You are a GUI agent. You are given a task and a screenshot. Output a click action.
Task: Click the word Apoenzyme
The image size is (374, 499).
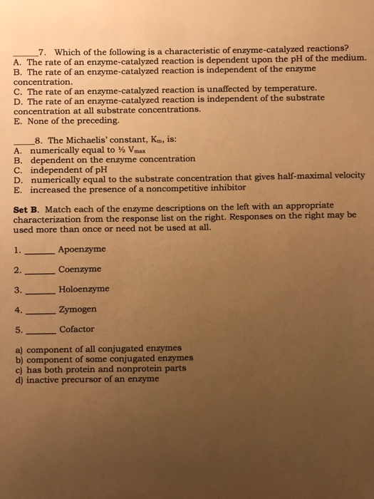click(82, 249)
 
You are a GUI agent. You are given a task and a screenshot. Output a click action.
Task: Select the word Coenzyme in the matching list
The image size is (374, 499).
click(80, 269)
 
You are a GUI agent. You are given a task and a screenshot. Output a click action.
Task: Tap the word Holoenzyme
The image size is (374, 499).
click(84, 289)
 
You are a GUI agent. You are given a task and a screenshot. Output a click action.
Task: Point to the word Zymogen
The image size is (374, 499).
click(78, 309)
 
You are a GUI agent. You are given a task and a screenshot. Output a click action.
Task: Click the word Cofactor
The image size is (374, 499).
click(78, 329)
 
